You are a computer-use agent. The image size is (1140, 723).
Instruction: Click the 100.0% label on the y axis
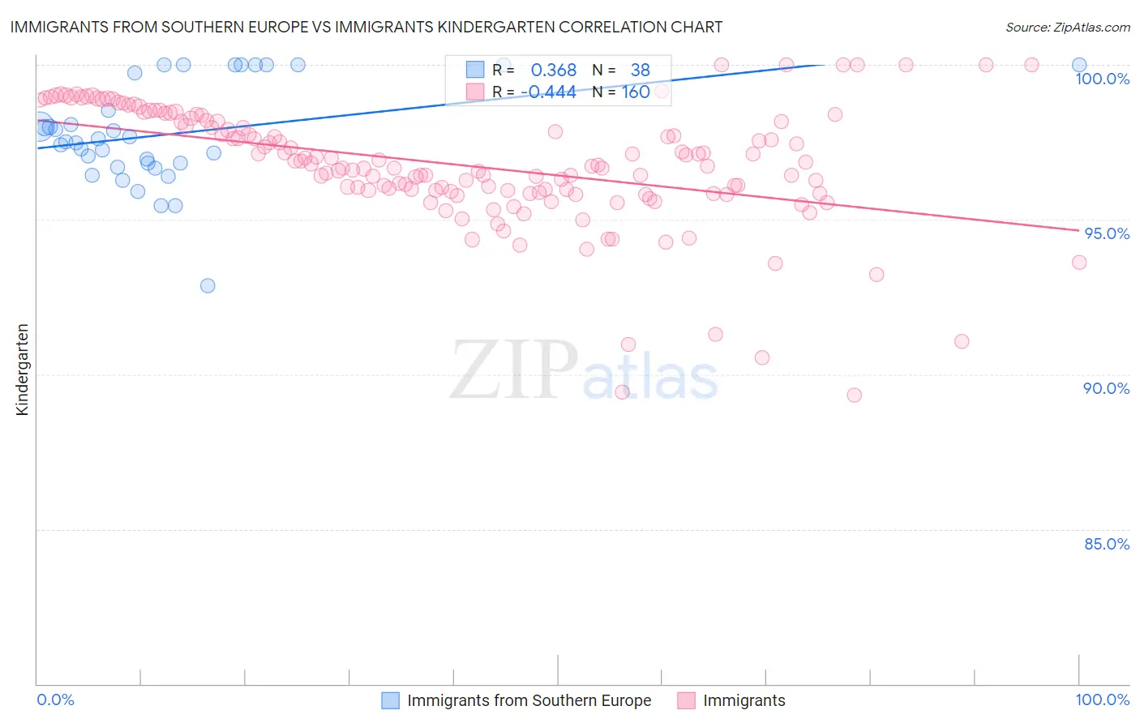click(1102, 79)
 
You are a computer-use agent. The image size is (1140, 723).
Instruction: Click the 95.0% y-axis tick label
click(1107, 233)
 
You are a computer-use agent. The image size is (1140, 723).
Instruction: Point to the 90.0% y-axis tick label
click(1106, 388)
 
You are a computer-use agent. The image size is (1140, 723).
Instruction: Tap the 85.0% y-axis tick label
click(1107, 544)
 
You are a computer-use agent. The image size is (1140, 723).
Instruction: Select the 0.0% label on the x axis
click(55, 699)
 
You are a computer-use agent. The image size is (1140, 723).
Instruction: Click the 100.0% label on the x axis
click(1102, 699)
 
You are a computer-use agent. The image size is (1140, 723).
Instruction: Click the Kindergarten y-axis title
click(22, 370)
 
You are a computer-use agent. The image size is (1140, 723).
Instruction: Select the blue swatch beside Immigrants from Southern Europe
click(390, 700)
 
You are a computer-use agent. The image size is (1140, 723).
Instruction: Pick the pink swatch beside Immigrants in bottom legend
click(686, 700)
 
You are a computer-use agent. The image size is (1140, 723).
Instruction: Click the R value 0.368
click(553, 71)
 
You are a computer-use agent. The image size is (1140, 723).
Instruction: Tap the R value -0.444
click(548, 92)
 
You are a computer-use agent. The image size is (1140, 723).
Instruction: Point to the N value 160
click(636, 92)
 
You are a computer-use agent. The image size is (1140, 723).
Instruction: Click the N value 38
click(640, 71)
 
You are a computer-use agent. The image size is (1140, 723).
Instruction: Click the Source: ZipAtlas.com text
click(1067, 28)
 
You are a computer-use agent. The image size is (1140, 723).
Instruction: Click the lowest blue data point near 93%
click(208, 285)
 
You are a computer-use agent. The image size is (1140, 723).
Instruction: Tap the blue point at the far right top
click(1079, 65)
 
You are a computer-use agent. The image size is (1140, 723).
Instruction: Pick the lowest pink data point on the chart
click(854, 395)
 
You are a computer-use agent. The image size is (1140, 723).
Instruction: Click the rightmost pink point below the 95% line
click(1079, 262)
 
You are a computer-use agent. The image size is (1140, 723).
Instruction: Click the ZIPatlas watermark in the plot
click(584, 370)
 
